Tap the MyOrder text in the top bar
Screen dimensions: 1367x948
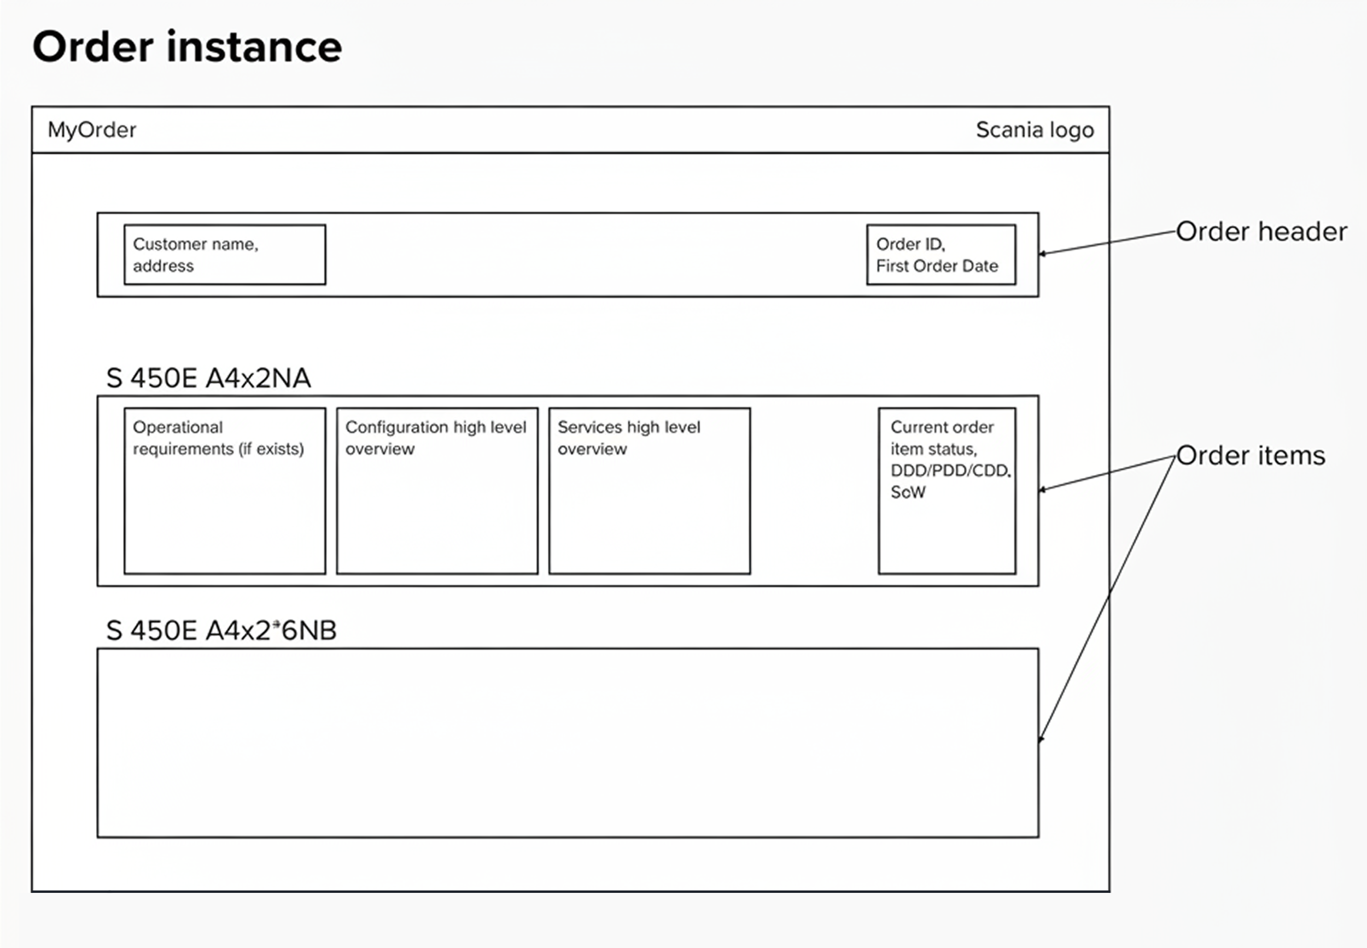pyautogui.click(x=92, y=130)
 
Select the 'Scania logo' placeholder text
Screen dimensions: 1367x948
pyautogui.click(x=1035, y=130)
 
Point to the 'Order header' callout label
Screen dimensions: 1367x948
pyautogui.click(x=1261, y=232)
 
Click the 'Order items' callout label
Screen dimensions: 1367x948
pyautogui.click(x=1251, y=456)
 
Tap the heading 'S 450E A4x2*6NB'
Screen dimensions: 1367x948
pyautogui.click(x=221, y=630)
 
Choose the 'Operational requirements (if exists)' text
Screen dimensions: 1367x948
pyautogui.click(x=218, y=438)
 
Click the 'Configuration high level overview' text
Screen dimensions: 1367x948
pyautogui.click(x=436, y=438)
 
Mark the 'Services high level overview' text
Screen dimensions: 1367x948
pyautogui.click(x=629, y=438)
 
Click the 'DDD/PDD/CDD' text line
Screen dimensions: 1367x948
pyautogui.click(x=950, y=470)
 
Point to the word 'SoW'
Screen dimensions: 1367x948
pyautogui.click(x=908, y=492)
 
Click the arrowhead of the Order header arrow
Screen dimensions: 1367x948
pyautogui.click(x=1042, y=254)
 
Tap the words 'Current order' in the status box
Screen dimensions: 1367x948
pyautogui.click(x=942, y=427)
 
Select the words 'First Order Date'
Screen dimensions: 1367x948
pyautogui.click(x=937, y=266)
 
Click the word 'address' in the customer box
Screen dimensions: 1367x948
pyautogui.click(x=163, y=266)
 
